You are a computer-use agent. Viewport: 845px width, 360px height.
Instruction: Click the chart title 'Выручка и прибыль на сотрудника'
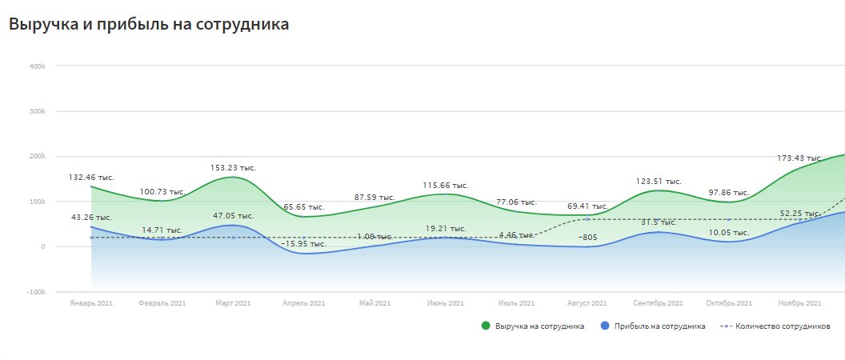[x=149, y=25]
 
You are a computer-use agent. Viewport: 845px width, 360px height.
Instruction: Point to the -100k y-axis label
[x=37, y=292]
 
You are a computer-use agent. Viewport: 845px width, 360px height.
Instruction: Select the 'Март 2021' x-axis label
[x=233, y=303]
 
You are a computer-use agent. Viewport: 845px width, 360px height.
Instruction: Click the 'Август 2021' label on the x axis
[x=587, y=303]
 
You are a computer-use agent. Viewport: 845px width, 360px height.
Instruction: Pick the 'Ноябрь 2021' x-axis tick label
[x=799, y=303]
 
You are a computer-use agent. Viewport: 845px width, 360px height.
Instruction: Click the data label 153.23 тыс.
[x=233, y=168]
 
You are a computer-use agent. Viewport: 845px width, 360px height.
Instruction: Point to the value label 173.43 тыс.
[x=800, y=158]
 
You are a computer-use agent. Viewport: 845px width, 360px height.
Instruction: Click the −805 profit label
[x=588, y=238]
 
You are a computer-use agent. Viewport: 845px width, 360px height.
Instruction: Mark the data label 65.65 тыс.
[x=303, y=207]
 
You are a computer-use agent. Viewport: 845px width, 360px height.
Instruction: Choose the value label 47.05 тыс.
[x=233, y=216]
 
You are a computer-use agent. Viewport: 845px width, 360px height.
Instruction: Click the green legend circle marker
[x=485, y=326]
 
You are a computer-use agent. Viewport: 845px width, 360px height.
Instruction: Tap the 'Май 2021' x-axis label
[x=374, y=303]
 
